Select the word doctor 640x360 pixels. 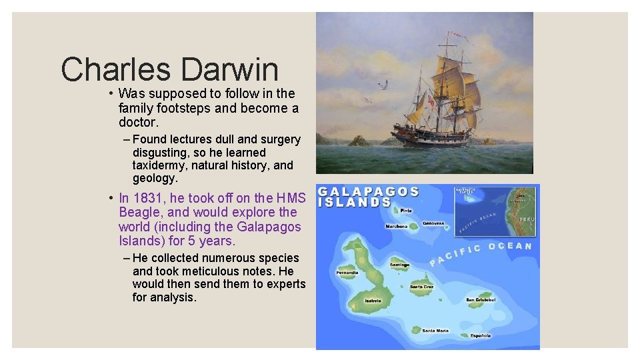click(x=139, y=123)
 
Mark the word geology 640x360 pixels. click(x=154, y=179)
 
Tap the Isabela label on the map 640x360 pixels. click(x=373, y=301)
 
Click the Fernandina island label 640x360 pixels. click(x=347, y=272)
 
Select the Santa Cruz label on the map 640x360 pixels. click(x=421, y=287)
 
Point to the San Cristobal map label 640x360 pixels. click(x=481, y=300)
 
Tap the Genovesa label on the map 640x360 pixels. click(x=433, y=224)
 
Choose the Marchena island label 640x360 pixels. click(x=397, y=227)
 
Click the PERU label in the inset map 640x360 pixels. click(x=527, y=219)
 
